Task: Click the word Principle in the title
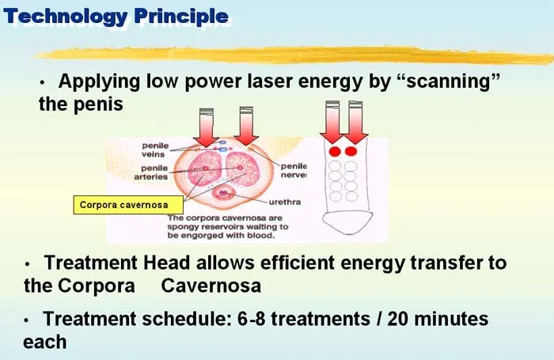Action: [179, 16]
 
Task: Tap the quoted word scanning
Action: [444, 81]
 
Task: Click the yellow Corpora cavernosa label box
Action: [123, 206]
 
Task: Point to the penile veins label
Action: [155, 150]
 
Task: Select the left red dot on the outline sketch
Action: [334, 150]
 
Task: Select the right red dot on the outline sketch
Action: [351, 150]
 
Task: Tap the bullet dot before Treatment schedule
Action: [28, 320]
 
